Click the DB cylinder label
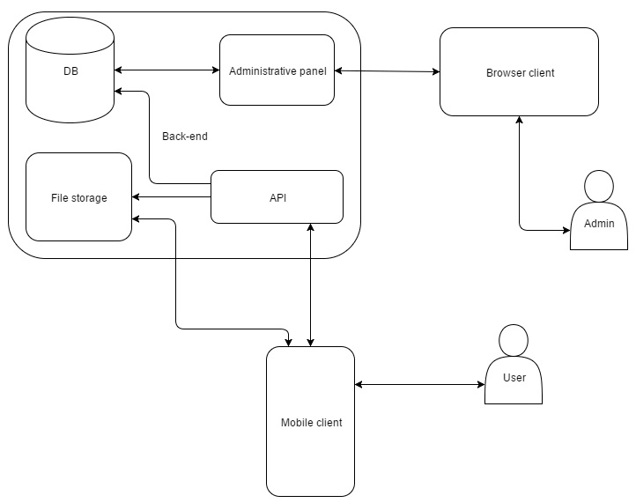point(71,71)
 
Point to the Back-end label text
point(185,137)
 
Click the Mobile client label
point(312,423)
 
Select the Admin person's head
point(599,186)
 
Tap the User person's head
point(514,340)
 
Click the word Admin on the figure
point(599,224)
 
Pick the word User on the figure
point(514,378)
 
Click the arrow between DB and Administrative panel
point(166,70)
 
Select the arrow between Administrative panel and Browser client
point(388,71)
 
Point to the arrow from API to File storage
point(172,197)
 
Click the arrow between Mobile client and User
point(420,385)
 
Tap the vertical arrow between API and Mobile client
point(311,285)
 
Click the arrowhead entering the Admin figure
point(566,231)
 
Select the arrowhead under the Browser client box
point(519,120)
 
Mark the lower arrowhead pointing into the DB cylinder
point(118,92)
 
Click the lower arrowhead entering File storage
point(136,219)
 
